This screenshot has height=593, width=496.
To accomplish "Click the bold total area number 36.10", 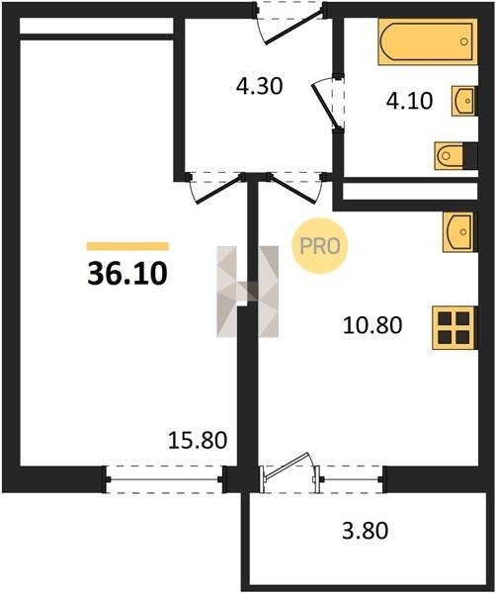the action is pyautogui.click(x=127, y=273).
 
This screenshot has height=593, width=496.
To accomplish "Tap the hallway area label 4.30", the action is pyautogui.click(x=259, y=86).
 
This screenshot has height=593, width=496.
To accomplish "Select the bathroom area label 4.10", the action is pyautogui.click(x=409, y=101).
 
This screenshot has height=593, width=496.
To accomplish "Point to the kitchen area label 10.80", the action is pyautogui.click(x=372, y=325).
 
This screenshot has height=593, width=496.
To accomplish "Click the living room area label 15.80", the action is pyautogui.click(x=198, y=440).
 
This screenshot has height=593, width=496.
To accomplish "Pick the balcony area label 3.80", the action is pyautogui.click(x=365, y=530).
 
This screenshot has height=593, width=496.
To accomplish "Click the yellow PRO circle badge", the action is pyautogui.click(x=320, y=246).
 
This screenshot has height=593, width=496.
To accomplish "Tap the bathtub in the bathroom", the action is pyautogui.click(x=428, y=42).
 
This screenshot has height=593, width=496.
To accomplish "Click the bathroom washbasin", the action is pyautogui.click(x=464, y=101).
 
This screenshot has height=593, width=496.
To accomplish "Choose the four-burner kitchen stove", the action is pyautogui.click(x=455, y=327).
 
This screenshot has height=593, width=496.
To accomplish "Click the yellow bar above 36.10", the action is pyautogui.click(x=127, y=246).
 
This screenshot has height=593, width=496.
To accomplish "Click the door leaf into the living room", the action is pyautogui.click(x=219, y=190).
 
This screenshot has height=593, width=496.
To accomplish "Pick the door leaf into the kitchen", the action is pyautogui.click(x=292, y=189).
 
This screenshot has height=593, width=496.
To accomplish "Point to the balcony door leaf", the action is pyautogui.click(x=287, y=466).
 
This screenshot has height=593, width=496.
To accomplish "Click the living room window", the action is pyautogui.click(x=163, y=479).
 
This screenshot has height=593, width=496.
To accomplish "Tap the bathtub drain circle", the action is pyautogui.click(x=464, y=42).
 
